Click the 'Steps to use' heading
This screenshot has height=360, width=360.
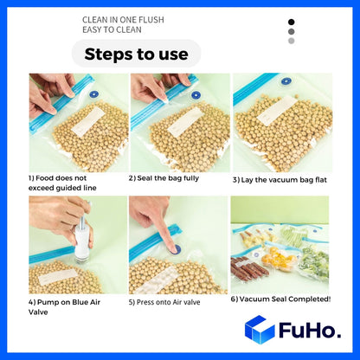point(136,54)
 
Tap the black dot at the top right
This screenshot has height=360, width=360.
point(292,22)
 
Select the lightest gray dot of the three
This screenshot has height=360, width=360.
point(292,41)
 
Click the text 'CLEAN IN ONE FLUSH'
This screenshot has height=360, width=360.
point(123,20)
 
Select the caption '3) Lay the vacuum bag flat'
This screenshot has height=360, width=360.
point(279,180)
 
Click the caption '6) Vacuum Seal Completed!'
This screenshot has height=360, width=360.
point(281,299)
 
